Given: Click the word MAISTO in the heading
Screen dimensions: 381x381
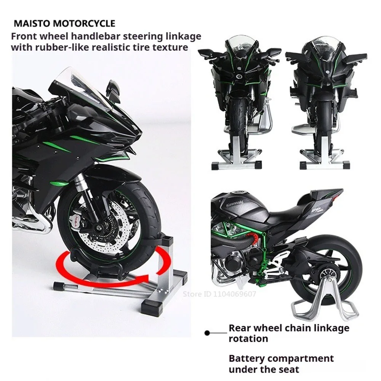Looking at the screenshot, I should point(30,24).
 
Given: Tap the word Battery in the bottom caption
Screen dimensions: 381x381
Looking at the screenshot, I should point(246,359).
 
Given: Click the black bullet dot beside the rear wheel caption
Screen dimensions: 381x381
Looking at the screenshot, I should point(207,333).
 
